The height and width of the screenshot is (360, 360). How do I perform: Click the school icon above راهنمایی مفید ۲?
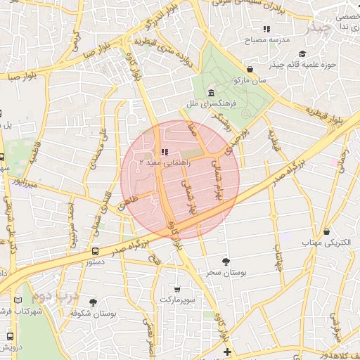164,152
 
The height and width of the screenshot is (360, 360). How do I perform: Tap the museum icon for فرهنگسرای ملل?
212,93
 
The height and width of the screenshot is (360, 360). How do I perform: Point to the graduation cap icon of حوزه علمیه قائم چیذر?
302,54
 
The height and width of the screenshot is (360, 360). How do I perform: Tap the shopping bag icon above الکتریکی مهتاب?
326,232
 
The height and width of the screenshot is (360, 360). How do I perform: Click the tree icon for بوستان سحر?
225,261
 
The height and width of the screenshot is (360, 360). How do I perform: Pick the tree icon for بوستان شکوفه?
94,303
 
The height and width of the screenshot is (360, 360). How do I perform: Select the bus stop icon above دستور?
95,251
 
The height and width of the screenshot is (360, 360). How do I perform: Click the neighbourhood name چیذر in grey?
321,27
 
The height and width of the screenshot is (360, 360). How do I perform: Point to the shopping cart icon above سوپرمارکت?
176,289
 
